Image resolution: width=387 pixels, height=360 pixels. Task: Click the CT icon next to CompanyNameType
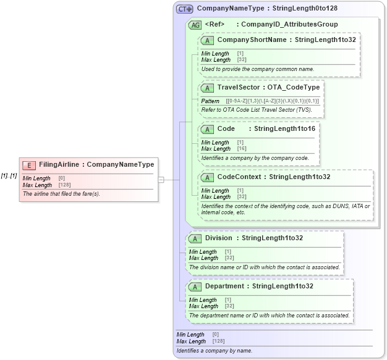point(184,9)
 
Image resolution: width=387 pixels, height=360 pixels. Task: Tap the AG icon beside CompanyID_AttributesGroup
point(195,25)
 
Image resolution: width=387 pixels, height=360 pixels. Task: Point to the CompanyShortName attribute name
point(252,40)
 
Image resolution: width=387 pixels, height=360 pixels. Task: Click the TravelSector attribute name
point(239,88)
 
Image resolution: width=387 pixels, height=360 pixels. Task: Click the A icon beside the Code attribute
point(208,129)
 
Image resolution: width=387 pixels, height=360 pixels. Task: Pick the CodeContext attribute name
point(239,177)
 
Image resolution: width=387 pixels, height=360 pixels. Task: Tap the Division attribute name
point(219,238)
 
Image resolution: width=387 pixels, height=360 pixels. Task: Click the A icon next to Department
point(195,287)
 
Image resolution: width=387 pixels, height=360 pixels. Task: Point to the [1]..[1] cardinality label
point(9,175)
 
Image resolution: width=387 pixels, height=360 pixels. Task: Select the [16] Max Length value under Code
point(242,149)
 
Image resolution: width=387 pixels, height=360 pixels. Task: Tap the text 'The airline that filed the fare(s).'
point(61,194)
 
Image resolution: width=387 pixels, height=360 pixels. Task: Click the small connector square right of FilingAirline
point(160,180)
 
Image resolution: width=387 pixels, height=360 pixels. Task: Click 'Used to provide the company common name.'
point(258,69)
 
